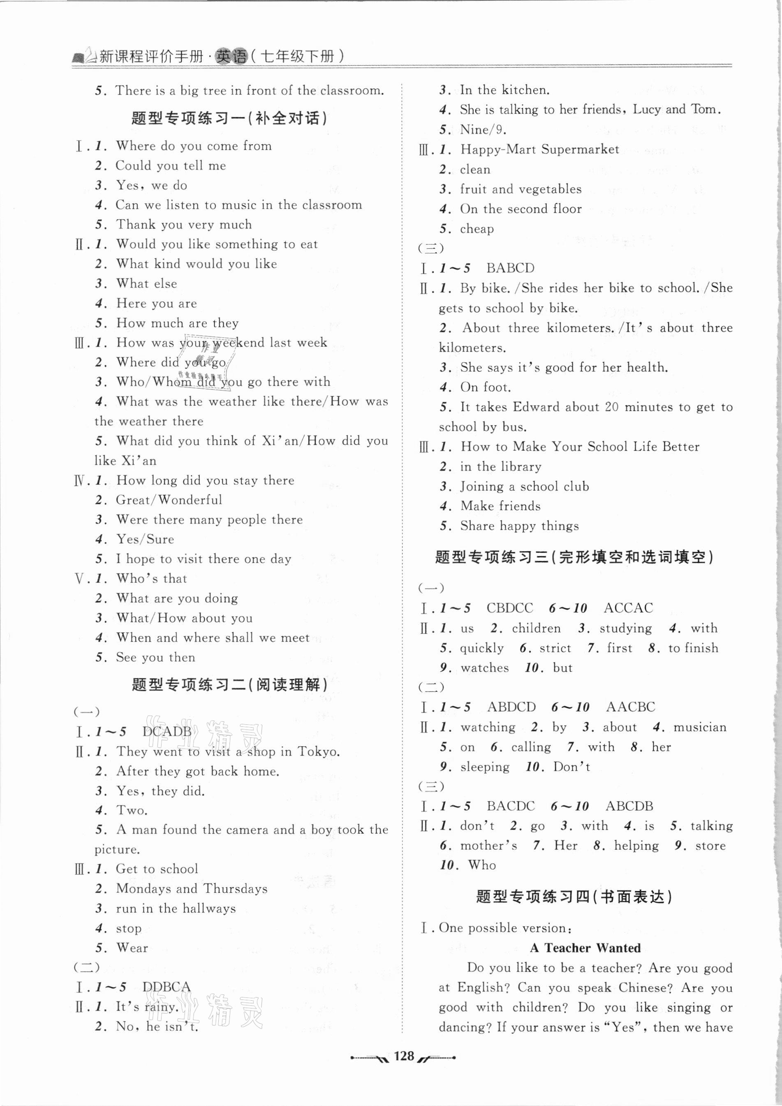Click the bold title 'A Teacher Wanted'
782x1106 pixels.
click(x=585, y=948)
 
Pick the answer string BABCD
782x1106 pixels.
click(x=510, y=268)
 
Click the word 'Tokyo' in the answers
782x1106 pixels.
click(x=317, y=751)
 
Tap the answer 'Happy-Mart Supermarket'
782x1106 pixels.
click(x=540, y=149)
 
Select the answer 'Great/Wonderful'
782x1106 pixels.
click(x=169, y=500)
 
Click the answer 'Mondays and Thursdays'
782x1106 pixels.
click(x=192, y=889)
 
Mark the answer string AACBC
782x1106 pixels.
click(x=630, y=707)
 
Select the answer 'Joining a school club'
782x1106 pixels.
click(x=524, y=487)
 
